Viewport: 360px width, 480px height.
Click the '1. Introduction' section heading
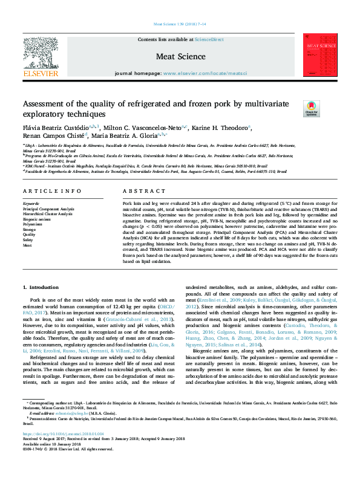pyautogui.click(x=41, y=287)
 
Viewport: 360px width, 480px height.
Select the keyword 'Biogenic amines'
pyautogui.click(x=36, y=219)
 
